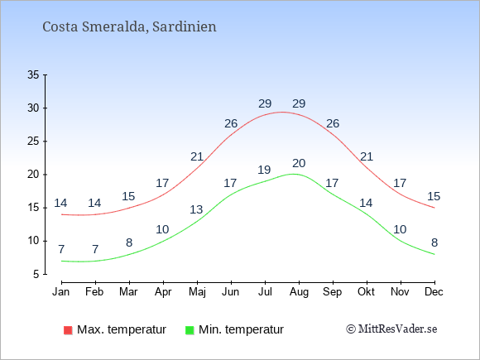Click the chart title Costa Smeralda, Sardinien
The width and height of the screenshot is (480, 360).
pos(129,26)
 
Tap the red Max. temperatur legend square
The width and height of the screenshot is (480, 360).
pos(68,330)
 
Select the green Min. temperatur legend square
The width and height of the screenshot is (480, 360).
pos(190,330)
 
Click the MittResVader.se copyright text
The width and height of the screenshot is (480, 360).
pos(391,329)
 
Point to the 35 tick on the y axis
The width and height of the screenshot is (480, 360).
pos(33,74)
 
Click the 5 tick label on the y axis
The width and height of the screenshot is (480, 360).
pos(36,274)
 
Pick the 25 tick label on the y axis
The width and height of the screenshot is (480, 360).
pos(33,142)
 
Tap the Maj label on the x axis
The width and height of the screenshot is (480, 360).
pos(197,292)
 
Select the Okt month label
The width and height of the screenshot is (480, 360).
pos(366,292)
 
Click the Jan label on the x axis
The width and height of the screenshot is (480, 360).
pos(61,292)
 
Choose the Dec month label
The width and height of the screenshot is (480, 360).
pos(434,292)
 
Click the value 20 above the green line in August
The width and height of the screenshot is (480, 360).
pos(299,164)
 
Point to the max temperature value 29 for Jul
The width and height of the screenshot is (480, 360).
pos(265,103)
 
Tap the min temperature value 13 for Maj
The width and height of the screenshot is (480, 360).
pos(196,209)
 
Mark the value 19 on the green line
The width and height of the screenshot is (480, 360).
pos(264,170)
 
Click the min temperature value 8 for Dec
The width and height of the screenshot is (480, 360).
pos(434,242)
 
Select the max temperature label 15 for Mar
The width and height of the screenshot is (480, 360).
pos(128,196)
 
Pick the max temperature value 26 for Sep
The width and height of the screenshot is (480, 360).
pos(333,123)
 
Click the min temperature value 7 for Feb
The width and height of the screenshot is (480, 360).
pos(95,249)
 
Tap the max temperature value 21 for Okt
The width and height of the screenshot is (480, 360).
pos(367,156)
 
